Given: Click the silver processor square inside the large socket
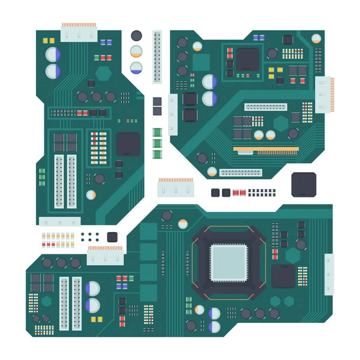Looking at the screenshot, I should (228, 263).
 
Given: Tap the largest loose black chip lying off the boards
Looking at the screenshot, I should (304, 184).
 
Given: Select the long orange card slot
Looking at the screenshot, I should (266, 149).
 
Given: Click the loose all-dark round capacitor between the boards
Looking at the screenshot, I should (137, 36).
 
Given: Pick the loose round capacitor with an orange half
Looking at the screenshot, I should (137, 52).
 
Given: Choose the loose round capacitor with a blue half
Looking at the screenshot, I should (137, 67).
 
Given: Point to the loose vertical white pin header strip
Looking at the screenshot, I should (157, 56).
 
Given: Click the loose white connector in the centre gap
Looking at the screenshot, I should (176, 187).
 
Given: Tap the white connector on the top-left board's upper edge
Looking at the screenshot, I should (79, 31).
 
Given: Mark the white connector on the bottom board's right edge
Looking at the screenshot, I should (329, 274).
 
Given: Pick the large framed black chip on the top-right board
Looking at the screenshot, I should (247, 59).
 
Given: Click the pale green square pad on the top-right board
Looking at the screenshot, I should (201, 62).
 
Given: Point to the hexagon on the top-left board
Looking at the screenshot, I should (104, 74).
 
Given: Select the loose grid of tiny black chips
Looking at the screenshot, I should (262, 193).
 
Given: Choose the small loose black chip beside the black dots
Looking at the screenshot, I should (112, 236).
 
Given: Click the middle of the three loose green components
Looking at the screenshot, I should (157, 143).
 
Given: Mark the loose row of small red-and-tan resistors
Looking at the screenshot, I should (58, 240).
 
